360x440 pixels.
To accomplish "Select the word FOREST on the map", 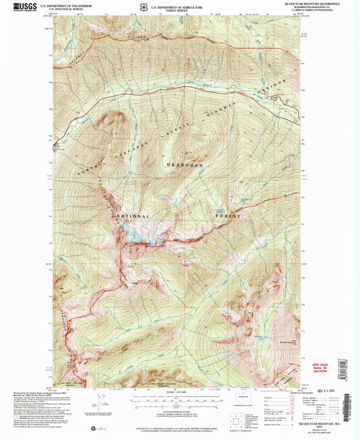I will [x=228, y=216].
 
